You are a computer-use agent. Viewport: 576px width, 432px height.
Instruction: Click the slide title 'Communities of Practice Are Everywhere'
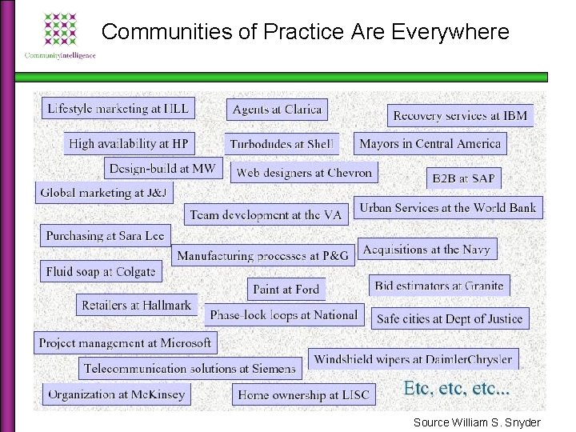[x=306, y=32]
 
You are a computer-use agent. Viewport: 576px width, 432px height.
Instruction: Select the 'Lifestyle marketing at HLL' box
[x=118, y=109]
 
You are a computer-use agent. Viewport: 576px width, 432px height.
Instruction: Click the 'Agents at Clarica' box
[x=277, y=110]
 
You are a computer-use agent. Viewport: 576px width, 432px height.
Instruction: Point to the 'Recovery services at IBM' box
[x=460, y=115]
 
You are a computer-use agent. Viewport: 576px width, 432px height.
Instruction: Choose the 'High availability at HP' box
[x=129, y=144]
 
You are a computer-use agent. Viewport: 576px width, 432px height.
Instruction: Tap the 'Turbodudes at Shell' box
[x=282, y=144]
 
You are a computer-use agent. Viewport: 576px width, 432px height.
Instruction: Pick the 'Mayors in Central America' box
[x=430, y=144]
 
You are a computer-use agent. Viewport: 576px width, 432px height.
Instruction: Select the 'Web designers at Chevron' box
[x=305, y=172]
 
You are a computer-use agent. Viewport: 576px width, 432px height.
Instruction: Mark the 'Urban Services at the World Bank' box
[x=448, y=207]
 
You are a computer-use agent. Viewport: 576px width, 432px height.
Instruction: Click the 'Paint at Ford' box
[x=286, y=289]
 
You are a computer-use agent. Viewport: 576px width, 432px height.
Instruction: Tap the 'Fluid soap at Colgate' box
[x=101, y=271]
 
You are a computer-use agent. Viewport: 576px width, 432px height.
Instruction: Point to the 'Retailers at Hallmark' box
[x=137, y=305]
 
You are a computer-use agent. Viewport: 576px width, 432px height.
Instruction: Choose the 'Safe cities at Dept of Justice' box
[x=450, y=318]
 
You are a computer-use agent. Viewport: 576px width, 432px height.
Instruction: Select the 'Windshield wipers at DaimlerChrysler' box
[x=413, y=359]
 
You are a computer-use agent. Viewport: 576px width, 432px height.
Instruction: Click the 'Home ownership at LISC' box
[x=304, y=394]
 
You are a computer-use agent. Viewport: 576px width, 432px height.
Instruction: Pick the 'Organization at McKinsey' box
[x=117, y=394]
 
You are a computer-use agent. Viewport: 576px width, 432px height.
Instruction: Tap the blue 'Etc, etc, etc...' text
[x=457, y=390]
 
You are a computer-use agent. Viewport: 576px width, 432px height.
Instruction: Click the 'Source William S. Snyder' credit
[x=477, y=422]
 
